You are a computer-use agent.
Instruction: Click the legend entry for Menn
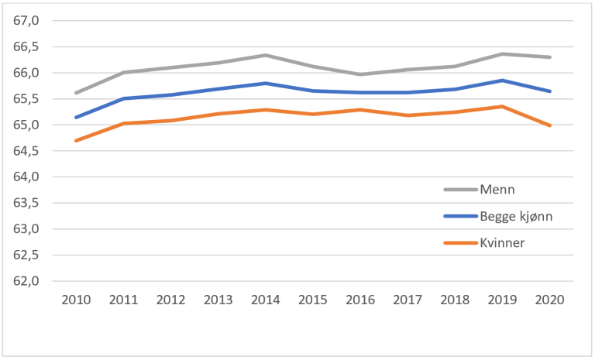point(496,189)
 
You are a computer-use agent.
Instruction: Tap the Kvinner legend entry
point(501,243)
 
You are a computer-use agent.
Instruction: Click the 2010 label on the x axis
point(75,300)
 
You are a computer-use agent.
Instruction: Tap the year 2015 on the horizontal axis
point(312,300)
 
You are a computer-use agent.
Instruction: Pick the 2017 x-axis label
point(408,300)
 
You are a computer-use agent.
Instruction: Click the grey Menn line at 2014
point(265,55)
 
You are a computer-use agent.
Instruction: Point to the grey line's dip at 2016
point(360,74)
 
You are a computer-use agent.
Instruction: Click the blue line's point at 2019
point(502,81)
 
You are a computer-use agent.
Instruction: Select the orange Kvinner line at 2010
point(75,140)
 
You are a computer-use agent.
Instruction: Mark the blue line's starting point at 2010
point(75,118)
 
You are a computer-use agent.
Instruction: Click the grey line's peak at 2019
point(502,53)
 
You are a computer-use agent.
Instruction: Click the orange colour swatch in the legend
point(459,243)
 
